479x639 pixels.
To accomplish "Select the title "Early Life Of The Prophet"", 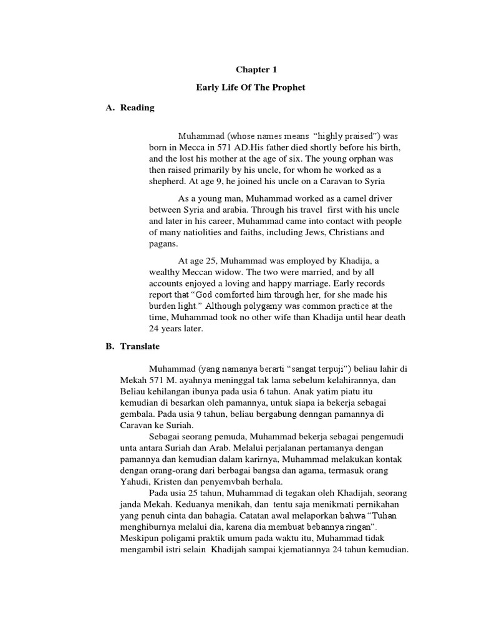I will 251,88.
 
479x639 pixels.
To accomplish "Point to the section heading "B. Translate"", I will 133,346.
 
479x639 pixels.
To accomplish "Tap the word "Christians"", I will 349,232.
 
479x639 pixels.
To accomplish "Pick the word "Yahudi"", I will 135,482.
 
